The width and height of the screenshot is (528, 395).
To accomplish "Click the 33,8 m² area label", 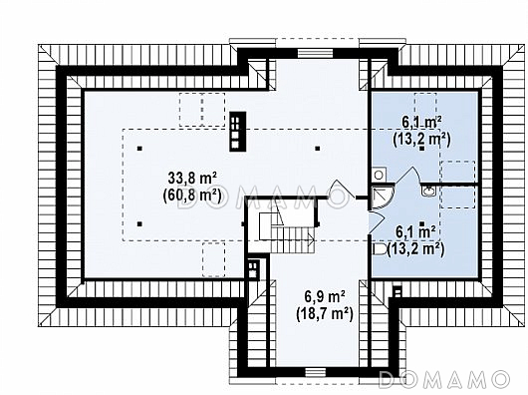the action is coord(192,179).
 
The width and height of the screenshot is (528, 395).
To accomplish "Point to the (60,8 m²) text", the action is coord(192,196).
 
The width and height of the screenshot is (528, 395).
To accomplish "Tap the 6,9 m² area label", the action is coord(325,297).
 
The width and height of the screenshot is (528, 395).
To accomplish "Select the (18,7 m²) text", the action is coord(325,314).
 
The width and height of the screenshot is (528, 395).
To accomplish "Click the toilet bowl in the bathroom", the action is coord(380,249).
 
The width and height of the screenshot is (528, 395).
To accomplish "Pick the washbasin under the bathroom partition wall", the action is coord(428,192).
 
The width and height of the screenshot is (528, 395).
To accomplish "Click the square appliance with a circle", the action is coord(379,176).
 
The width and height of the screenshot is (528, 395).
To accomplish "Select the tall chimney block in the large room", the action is coord(238,132).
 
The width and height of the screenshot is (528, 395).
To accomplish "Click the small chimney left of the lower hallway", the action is coord(253,269).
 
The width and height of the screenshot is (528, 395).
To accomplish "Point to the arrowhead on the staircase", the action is coord(312,240).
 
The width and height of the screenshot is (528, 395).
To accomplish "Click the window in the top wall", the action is coord(316,53).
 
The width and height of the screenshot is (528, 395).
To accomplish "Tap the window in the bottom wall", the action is coord(316,372).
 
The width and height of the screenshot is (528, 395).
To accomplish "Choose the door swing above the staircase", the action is coord(341,189).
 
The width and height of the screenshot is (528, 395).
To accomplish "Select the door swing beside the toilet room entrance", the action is coord(376,221).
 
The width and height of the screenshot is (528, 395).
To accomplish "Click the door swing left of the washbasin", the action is coord(407,176).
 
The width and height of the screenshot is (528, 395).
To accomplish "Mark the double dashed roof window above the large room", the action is coord(202,110).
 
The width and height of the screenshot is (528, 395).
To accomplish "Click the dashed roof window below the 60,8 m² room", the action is coord(213,259).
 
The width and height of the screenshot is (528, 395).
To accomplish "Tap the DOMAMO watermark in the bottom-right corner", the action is coord(443,379).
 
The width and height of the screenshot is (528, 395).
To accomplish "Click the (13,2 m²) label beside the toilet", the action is coord(415,249).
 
